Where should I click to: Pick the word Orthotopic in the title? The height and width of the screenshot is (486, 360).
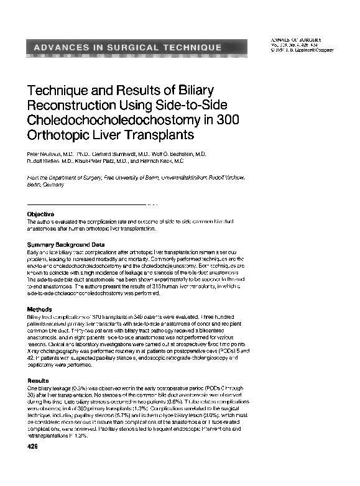[x=60, y=134]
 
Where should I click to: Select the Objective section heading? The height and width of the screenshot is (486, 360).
[x=41, y=215]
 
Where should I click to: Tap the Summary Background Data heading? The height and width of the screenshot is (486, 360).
[x=66, y=244]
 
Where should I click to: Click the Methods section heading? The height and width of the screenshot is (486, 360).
[x=39, y=309]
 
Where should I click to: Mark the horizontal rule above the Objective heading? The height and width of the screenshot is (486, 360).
[x=87, y=204]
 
